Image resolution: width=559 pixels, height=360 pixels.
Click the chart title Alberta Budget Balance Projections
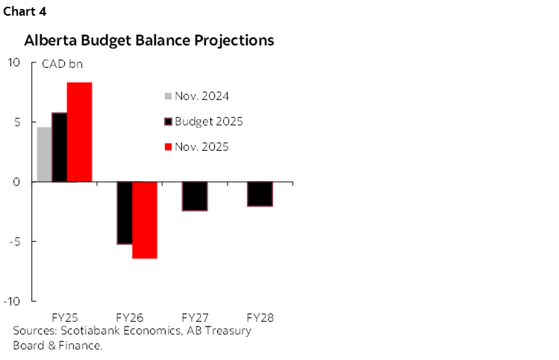pos(149,40)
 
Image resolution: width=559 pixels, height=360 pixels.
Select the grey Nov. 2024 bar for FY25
pos(44,155)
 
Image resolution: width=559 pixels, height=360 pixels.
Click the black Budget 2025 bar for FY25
pos(59,147)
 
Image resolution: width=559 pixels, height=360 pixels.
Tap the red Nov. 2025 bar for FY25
pos(79,132)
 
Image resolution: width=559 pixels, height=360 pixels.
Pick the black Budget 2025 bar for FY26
pos(124,213)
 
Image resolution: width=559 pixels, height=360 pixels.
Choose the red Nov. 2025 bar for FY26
pos(144,220)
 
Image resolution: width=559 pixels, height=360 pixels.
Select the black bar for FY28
pos(260,194)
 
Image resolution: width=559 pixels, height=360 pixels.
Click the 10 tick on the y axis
pos(14,63)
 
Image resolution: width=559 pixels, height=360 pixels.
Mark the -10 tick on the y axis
pos(12,301)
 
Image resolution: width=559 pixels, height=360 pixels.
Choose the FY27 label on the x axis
pos(196,317)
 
